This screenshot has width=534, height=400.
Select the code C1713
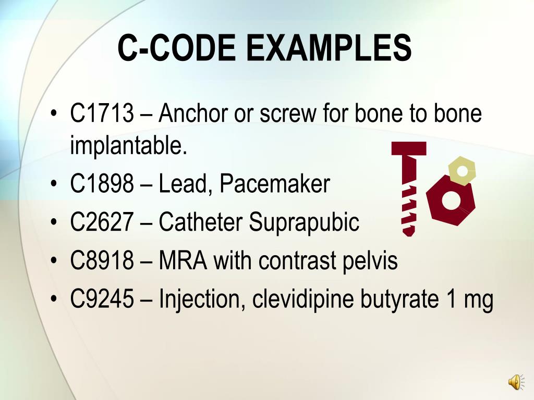pos(102,114)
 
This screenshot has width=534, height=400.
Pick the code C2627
pos(102,222)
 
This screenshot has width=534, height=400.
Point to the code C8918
pos(102,261)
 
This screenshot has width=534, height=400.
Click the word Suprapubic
pos(304,223)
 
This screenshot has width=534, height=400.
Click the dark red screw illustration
pos(409,187)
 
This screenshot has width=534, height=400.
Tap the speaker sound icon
pos(515,382)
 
